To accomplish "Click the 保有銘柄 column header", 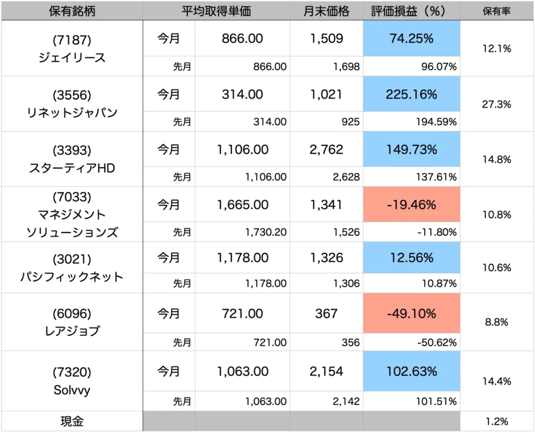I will coord(72,11).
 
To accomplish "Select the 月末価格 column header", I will coord(326,11).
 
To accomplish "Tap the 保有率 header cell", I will coord(497,11).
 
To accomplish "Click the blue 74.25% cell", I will coord(412,39).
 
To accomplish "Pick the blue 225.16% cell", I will coord(412,95).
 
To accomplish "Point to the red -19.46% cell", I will coord(412,205).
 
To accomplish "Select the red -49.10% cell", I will coord(412,313).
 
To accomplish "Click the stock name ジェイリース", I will coord(72,57).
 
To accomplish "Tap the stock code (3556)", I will coord(72,95).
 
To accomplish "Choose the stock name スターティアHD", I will coord(72,168).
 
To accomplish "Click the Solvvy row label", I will coord(72,390).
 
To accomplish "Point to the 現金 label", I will coord(72,421).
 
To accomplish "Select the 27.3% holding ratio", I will coord(497,104).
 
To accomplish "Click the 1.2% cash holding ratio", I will coord(497,421).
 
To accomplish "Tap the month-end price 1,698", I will coord(345,67).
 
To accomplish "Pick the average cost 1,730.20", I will coord(265,232).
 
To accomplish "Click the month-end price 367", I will coord(326,313).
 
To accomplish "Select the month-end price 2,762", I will coord(326,150).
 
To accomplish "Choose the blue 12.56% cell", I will coord(412,258).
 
